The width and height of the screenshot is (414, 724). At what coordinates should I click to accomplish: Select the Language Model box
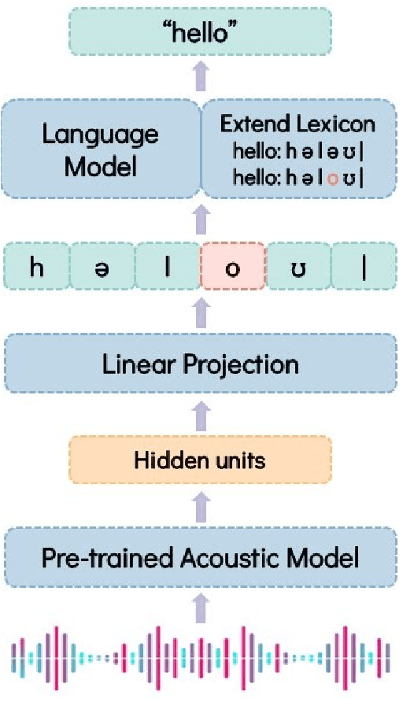click(100, 150)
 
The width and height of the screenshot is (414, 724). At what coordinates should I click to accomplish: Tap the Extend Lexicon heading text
click(298, 124)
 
